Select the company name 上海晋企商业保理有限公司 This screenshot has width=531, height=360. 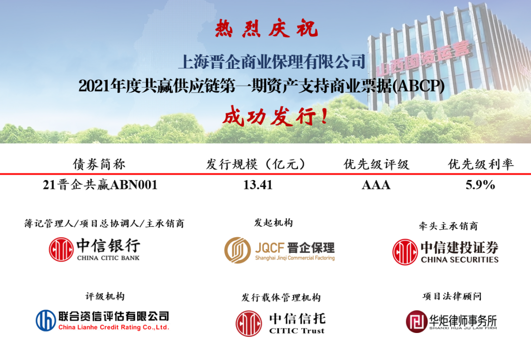[272, 61]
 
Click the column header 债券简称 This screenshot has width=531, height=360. [99, 164]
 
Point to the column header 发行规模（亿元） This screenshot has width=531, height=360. [256, 164]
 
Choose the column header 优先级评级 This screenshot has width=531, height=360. [376, 164]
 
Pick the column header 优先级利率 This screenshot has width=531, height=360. [481, 164]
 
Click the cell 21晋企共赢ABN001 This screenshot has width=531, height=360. [100, 185]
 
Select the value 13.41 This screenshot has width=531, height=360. [258, 185]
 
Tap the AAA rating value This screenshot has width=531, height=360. [376, 185]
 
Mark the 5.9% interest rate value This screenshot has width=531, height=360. [480, 185]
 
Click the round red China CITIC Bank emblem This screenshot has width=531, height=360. [61, 250]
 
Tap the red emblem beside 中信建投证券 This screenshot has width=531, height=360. [405, 252]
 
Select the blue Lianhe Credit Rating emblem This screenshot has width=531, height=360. [46, 320]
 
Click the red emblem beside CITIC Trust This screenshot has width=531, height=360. [248, 323]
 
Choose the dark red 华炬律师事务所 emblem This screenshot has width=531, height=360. [417, 322]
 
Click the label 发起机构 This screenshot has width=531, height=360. [273, 223]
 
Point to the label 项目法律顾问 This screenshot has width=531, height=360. [451, 296]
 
